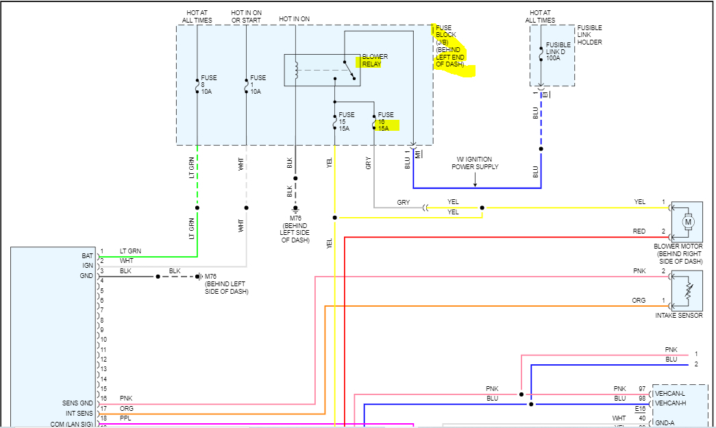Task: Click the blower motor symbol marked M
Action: (x=689, y=221)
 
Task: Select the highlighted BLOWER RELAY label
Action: (x=375, y=60)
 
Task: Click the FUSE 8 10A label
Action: (x=208, y=84)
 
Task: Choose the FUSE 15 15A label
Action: (x=346, y=121)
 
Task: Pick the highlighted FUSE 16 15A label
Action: (x=386, y=121)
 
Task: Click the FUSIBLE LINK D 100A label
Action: (x=558, y=51)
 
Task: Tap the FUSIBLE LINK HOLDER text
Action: (x=590, y=35)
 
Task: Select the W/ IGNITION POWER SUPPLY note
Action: (x=473, y=163)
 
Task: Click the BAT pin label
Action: (x=86, y=255)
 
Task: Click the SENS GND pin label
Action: (x=77, y=403)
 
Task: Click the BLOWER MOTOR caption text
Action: (x=679, y=254)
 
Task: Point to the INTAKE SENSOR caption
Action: (x=678, y=316)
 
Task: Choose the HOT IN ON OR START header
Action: (x=247, y=16)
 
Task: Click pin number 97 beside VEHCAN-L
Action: (x=642, y=389)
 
